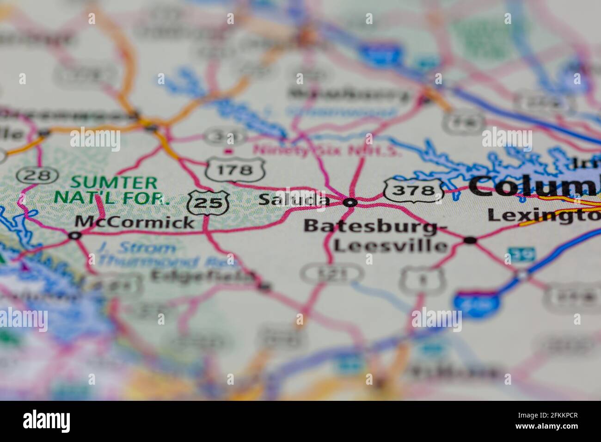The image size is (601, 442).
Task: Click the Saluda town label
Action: (x=294, y=200)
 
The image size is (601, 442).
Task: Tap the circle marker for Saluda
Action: (x=351, y=202)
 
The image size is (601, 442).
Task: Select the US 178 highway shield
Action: (x=235, y=170)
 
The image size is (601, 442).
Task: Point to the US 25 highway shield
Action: (x=209, y=203)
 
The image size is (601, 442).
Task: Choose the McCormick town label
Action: (x=135, y=222)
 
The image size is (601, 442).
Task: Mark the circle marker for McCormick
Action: (x=74, y=236)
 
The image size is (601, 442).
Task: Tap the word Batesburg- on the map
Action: (x=375, y=227)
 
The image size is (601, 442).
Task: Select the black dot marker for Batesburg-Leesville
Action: (x=470, y=240)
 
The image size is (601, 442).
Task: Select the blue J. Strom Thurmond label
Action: (x=136, y=248)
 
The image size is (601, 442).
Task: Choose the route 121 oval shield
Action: (x=331, y=274)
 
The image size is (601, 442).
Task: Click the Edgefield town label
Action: (x=203, y=276)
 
